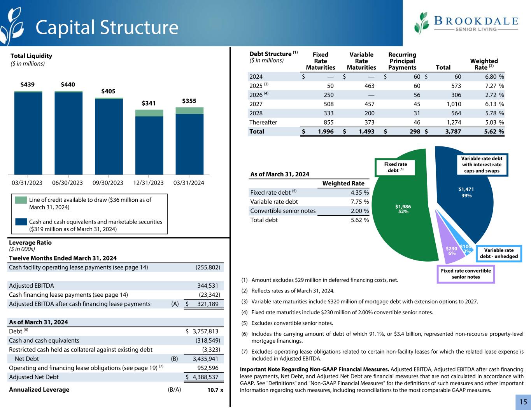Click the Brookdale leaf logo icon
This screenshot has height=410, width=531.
coord(422,23)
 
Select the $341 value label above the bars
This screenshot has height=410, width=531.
coord(149,103)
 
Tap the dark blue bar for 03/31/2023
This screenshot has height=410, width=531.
coord(28,133)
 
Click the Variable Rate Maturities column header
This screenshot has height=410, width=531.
coord(361,61)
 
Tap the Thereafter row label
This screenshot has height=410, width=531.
coord(263,122)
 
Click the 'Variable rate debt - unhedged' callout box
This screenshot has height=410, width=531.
coord(499,253)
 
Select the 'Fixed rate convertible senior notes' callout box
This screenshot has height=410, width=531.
coord(466,274)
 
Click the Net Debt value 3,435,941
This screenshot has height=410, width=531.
coord(205,359)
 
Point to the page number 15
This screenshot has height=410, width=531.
coord(523,402)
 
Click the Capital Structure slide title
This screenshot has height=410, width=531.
coord(107,27)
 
